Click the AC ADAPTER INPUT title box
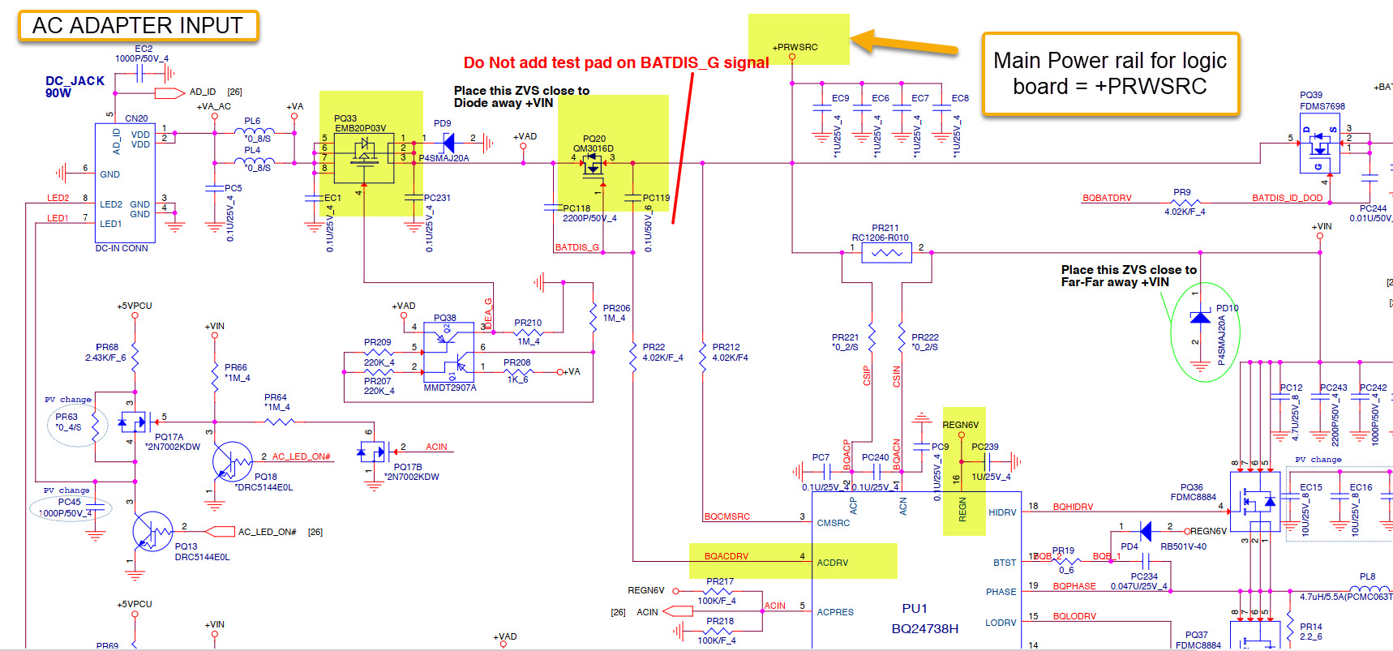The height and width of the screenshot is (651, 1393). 137,26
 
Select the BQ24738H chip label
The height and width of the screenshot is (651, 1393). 924,628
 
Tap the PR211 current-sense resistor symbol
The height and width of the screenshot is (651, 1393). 886,253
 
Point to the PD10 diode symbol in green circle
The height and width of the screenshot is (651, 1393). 1200,318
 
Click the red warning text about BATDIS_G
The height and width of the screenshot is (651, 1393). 615,63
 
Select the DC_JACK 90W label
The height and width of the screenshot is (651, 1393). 75,87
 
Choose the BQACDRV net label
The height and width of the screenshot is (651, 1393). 726,556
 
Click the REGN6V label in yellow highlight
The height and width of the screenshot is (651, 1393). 960,425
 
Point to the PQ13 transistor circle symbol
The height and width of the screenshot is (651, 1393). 152,532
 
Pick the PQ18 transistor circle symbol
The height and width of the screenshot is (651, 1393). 232,462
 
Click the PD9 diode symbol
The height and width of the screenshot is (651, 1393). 448,143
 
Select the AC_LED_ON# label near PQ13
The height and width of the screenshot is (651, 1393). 267,532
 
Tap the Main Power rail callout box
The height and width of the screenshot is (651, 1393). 1109,73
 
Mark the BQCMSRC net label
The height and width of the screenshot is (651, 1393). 727,516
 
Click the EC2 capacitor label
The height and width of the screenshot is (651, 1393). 144,49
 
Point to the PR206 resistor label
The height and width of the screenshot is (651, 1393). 616,308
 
